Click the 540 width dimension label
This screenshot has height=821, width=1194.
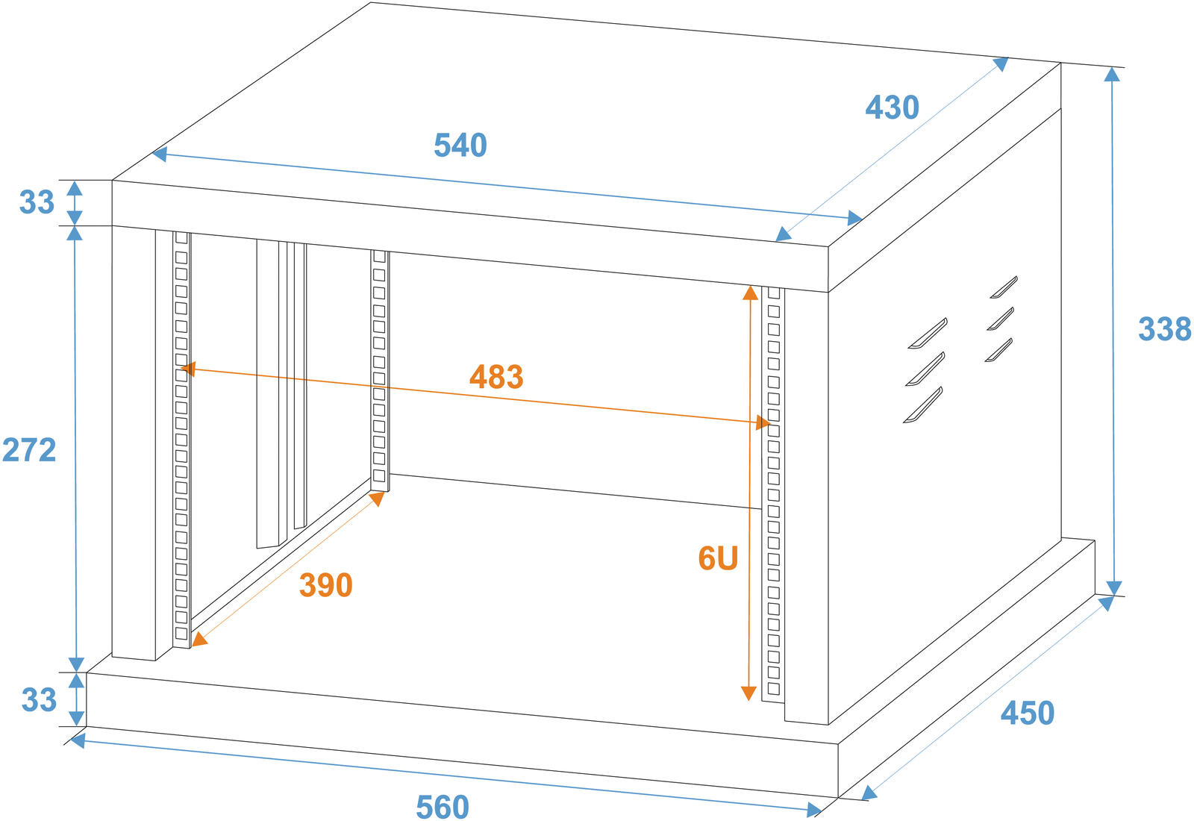pyautogui.click(x=460, y=146)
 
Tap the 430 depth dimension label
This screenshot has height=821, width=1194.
pyautogui.click(x=892, y=108)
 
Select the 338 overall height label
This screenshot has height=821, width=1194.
pyautogui.click(x=1164, y=329)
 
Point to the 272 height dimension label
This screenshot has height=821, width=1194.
pyautogui.click(x=29, y=450)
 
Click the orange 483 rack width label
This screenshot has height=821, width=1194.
pyautogui.click(x=496, y=377)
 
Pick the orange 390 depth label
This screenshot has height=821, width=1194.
pyautogui.click(x=325, y=585)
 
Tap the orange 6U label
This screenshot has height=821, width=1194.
pyautogui.click(x=718, y=558)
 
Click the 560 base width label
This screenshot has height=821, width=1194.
pyautogui.click(x=443, y=807)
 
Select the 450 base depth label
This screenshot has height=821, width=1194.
pyautogui.click(x=1028, y=714)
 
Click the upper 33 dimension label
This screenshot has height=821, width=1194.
pyautogui.click(x=37, y=202)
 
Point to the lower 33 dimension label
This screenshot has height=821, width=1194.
pyautogui.click(x=39, y=700)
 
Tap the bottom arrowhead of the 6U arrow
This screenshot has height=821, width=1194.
pyautogui.click(x=748, y=693)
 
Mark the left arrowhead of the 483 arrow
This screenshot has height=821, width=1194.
pyautogui.click(x=188, y=368)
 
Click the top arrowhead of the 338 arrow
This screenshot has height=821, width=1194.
pyautogui.click(x=1112, y=74)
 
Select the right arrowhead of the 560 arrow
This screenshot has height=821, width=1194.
pyautogui.click(x=814, y=809)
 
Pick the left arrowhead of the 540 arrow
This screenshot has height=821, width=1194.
pyautogui.click(x=158, y=154)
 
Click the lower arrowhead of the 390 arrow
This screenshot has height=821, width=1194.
pyautogui.click(x=199, y=639)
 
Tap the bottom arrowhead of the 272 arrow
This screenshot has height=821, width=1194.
pyautogui.click(x=76, y=664)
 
